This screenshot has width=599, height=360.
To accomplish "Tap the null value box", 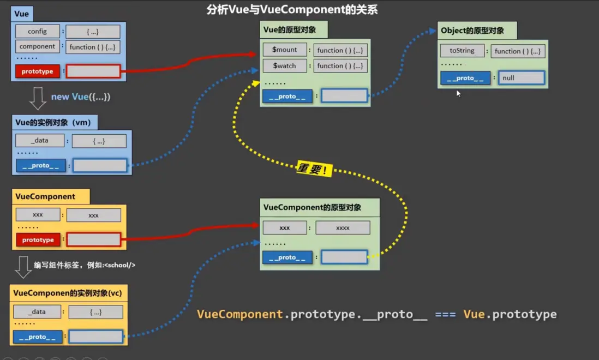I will (522, 78).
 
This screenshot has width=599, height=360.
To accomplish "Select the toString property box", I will (462, 51).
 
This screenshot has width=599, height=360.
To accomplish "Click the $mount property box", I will (284, 50).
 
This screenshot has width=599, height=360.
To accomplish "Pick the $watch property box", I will (284, 66).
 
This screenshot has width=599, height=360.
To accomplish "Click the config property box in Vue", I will (37, 32).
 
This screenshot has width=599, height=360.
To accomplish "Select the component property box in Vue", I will (37, 46).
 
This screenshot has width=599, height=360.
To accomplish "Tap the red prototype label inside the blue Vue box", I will (38, 71).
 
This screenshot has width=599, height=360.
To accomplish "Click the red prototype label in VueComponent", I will (38, 240).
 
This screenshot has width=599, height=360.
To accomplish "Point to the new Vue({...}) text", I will (81, 97).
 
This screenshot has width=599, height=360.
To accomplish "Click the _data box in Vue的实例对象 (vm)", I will (40, 141).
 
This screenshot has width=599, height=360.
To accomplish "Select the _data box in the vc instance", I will (38, 312).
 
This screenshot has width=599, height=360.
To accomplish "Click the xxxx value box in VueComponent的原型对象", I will (343, 227).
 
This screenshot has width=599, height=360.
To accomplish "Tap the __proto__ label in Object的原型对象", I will (465, 78).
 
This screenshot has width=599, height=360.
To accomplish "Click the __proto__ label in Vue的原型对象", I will (287, 97).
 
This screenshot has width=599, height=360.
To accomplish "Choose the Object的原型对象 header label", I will (472, 31).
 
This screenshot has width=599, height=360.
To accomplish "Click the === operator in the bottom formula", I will (445, 315).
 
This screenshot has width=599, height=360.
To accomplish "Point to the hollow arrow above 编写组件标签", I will (23, 266).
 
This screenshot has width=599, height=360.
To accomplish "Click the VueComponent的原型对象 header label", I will (312, 207).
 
